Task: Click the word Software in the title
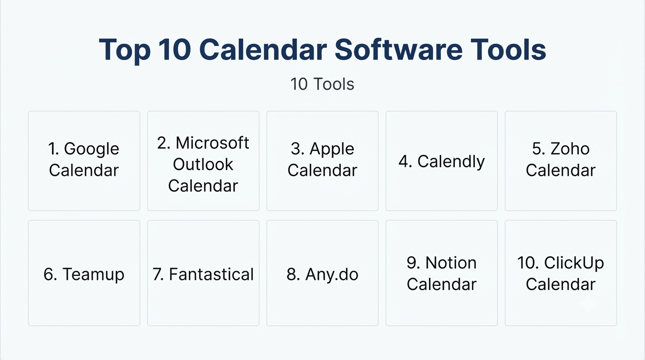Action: coord(398,49)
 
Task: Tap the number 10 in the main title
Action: coord(175,49)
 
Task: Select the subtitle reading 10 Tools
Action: coord(322,84)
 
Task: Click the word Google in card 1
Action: coord(91,150)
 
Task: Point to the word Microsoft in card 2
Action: coord(212,143)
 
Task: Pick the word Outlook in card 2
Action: coord(203,165)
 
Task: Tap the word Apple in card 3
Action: coord(332,150)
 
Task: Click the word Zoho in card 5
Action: coord(570,149)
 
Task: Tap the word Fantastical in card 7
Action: coord(211,274)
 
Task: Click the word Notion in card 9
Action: coord(451,263)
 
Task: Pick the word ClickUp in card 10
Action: coord(574,263)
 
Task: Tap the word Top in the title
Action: coord(125,50)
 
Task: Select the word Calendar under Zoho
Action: coord(561,170)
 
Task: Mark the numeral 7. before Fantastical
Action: coord(158,274)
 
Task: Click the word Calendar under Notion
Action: coord(442,285)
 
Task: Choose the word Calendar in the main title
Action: coord(263,49)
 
